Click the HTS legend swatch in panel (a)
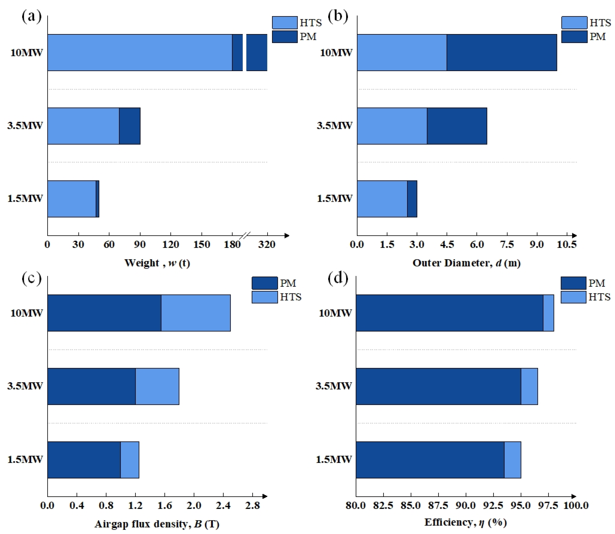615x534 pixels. point(284,23)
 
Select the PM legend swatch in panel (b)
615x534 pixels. point(574,37)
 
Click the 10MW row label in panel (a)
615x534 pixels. point(26,53)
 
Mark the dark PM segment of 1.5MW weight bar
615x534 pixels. point(98,199)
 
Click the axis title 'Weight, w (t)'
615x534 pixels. point(157,263)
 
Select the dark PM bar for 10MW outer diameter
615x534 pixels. point(502,52)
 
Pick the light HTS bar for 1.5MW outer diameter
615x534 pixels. point(382,199)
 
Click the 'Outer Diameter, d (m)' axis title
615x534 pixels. point(466,263)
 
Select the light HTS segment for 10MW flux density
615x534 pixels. point(196,313)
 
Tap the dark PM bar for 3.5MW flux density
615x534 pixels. point(92,386)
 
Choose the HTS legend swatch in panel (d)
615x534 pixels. point(573,297)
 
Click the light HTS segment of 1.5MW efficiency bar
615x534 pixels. point(512,460)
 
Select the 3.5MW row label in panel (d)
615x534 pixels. point(333,386)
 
